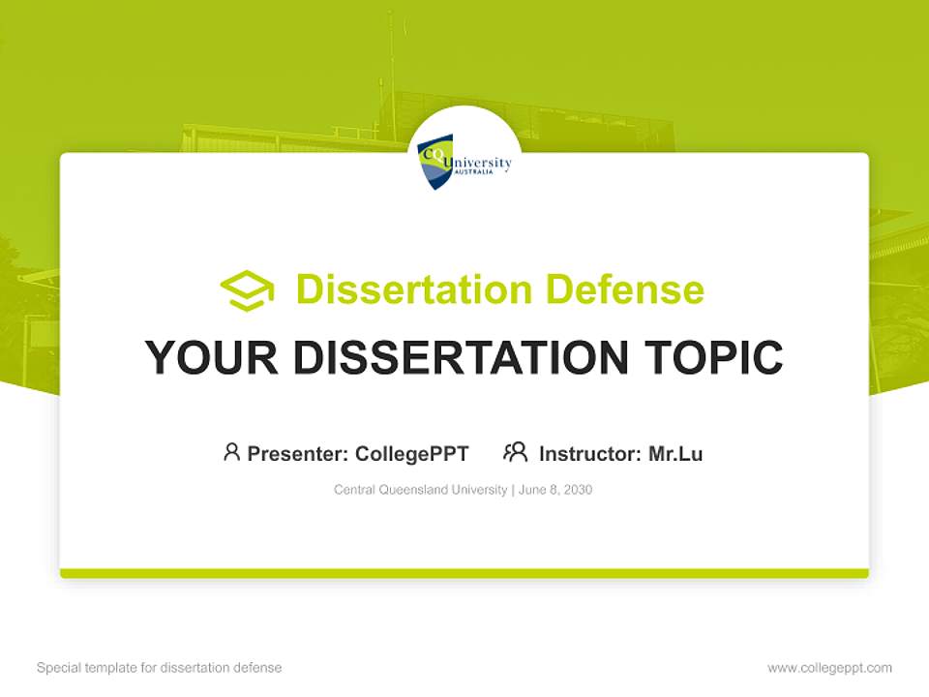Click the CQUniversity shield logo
(435, 162)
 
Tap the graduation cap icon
(247, 290)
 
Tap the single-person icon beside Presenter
(231, 452)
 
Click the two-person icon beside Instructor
(515, 452)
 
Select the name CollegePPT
(412, 453)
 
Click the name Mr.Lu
(675, 453)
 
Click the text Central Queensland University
(420, 490)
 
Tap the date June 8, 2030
(555, 490)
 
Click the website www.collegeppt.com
(829, 668)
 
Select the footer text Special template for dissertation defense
(160, 668)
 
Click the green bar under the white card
(464, 573)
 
